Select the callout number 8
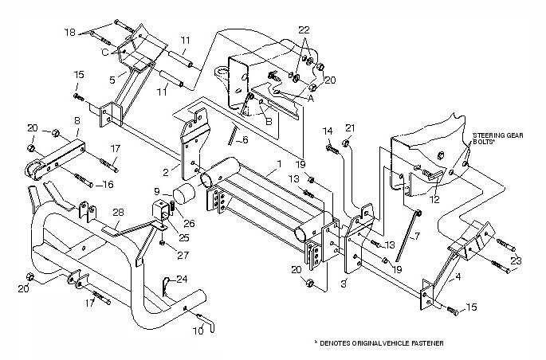click(x=77, y=120)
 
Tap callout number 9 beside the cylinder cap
click(x=159, y=191)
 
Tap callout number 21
click(x=348, y=127)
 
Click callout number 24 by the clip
click(x=183, y=279)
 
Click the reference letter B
click(x=269, y=123)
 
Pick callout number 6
click(x=246, y=140)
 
